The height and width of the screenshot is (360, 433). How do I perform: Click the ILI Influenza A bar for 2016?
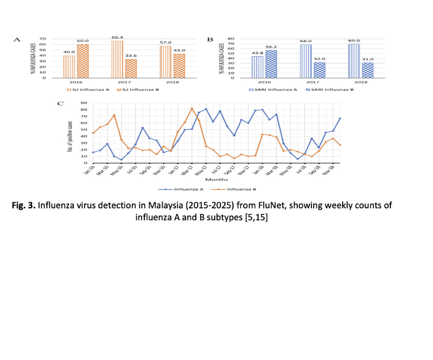(x=69, y=66)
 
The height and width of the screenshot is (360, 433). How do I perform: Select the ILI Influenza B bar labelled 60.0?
(x=82, y=61)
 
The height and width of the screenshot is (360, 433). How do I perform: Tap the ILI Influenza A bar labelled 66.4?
(x=117, y=59)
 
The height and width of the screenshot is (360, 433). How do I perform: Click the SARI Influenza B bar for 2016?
(x=271, y=64)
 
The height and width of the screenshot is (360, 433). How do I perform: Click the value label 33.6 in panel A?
(x=131, y=56)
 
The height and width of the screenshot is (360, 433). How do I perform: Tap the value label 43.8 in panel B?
(x=257, y=53)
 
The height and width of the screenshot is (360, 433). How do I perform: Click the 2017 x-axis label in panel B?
(x=312, y=83)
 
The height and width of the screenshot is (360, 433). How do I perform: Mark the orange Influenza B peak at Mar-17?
(x=192, y=108)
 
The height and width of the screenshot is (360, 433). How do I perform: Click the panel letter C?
(x=61, y=103)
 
